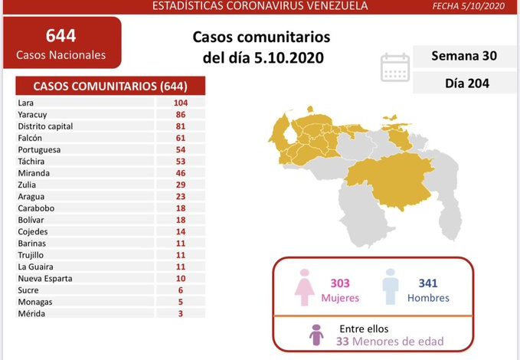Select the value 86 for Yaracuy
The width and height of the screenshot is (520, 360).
pos(181,114)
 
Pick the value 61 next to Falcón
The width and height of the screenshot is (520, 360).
pos(181,138)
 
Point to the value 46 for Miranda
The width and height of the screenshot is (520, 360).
pos(181,173)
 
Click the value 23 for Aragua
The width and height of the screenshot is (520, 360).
pos(181,197)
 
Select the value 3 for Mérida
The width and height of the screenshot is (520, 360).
pos(181,314)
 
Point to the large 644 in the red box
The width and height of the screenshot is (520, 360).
pos(61,36)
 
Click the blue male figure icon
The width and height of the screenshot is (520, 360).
pos(391,287)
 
